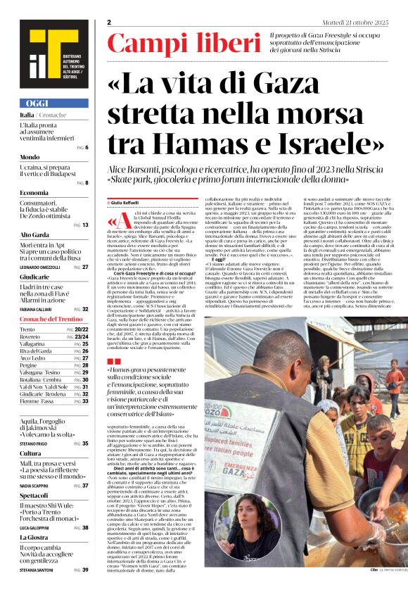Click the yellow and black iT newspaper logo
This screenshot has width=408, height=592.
click(x=44, y=56)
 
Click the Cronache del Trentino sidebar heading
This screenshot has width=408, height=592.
click(x=53, y=320)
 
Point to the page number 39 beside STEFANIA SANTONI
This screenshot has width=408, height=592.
click(x=85, y=569)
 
